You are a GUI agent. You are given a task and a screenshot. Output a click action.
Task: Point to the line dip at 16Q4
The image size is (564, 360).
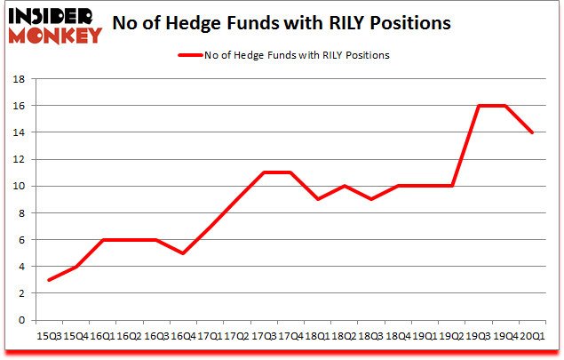[182, 253]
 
